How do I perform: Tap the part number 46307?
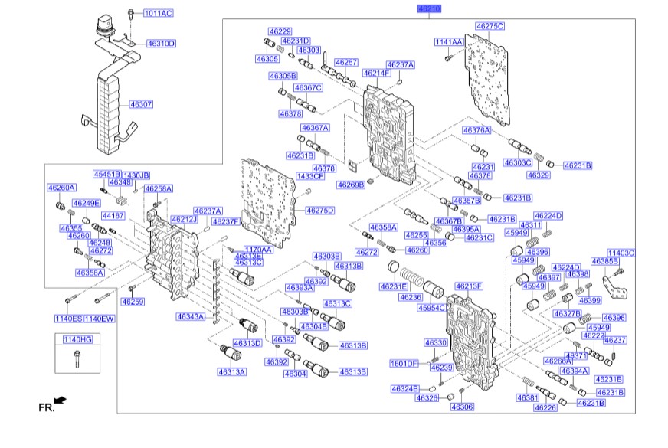(141, 103)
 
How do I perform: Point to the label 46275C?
(490, 26)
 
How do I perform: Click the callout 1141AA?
(449, 41)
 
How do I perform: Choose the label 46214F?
(377, 73)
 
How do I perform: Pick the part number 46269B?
(352, 185)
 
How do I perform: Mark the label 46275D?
(320, 210)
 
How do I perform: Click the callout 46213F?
(469, 286)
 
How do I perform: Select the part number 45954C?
(431, 308)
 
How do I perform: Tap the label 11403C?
(621, 252)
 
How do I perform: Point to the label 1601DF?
(404, 363)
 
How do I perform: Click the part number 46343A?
(191, 316)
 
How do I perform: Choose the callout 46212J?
(184, 220)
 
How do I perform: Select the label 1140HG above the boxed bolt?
(77, 338)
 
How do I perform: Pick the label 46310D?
(161, 44)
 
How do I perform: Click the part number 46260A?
(61, 188)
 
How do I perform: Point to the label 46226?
(545, 408)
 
